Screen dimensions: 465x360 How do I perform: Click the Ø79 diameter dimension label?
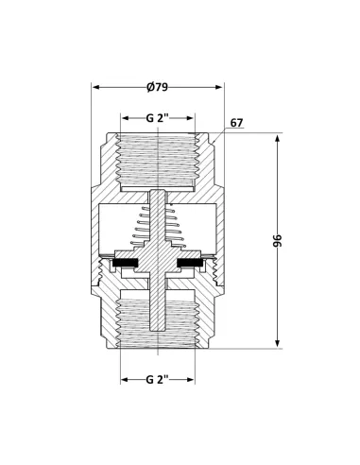[x=158, y=88]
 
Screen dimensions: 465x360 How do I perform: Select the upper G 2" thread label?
[x=157, y=119]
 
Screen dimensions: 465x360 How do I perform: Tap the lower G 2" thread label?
[x=157, y=379]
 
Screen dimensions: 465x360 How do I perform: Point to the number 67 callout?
[x=236, y=123]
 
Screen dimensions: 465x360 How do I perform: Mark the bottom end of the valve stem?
[x=158, y=334]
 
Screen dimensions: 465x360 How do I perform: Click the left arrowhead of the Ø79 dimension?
[x=95, y=88]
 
